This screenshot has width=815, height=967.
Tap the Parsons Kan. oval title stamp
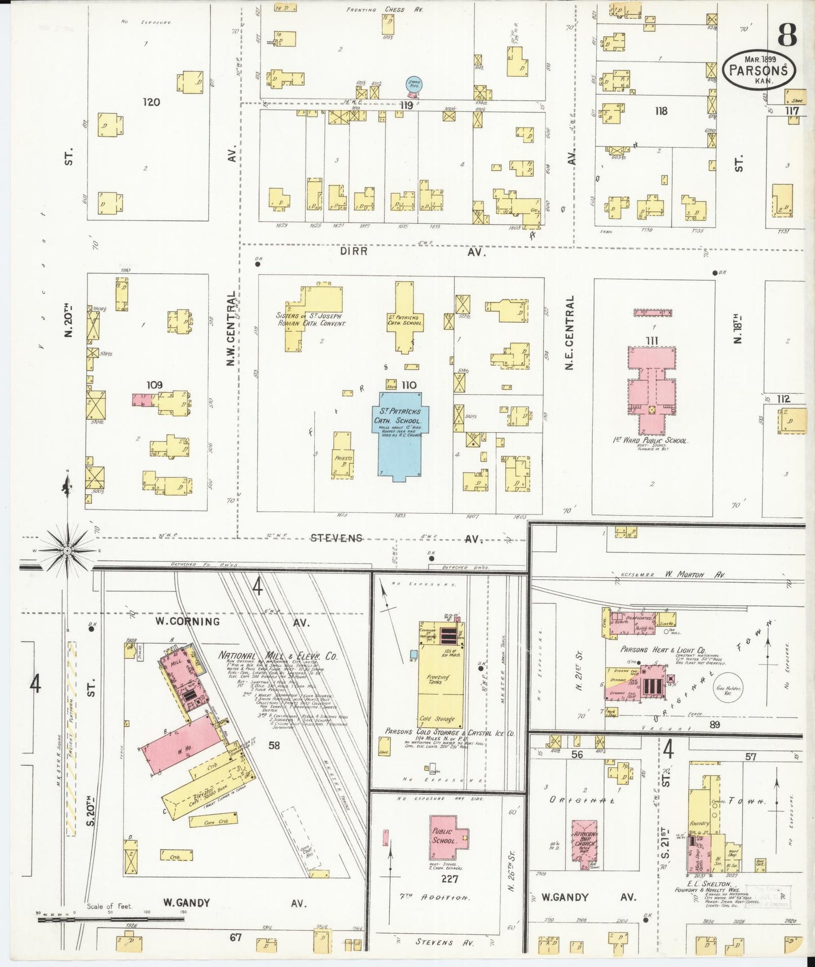(759, 69)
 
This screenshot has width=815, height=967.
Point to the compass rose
(67, 550)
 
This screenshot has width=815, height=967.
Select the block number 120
(151, 102)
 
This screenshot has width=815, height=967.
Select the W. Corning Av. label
(231, 622)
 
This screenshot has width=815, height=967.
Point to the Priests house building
(342, 461)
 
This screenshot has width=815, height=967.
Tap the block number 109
(154, 385)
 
